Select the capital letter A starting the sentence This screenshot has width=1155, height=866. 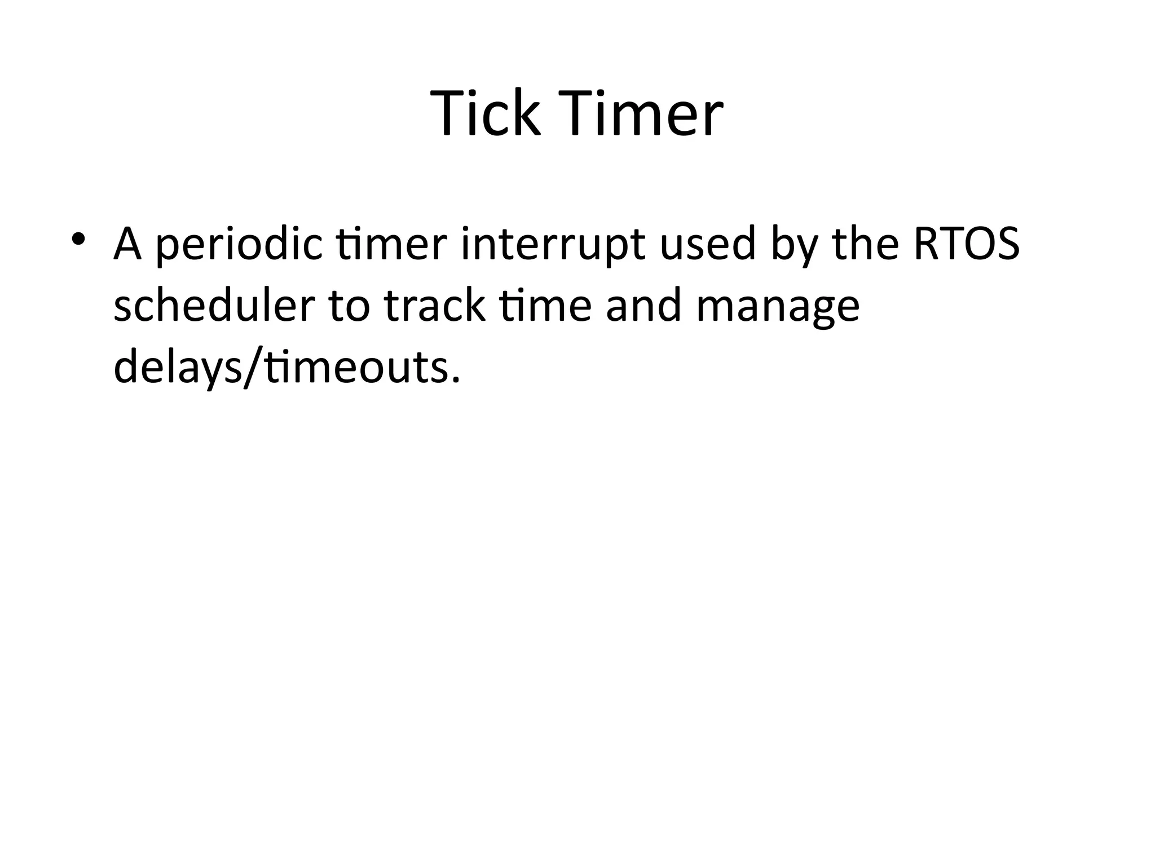pyautogui.click(x=127, y=244)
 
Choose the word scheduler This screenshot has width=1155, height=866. pyautogui.click(x=214, y=306)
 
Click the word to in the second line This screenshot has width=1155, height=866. pyautogui.click(x=350, y=307)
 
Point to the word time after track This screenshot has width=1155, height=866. pyautogui.click(x=546, y=306)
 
